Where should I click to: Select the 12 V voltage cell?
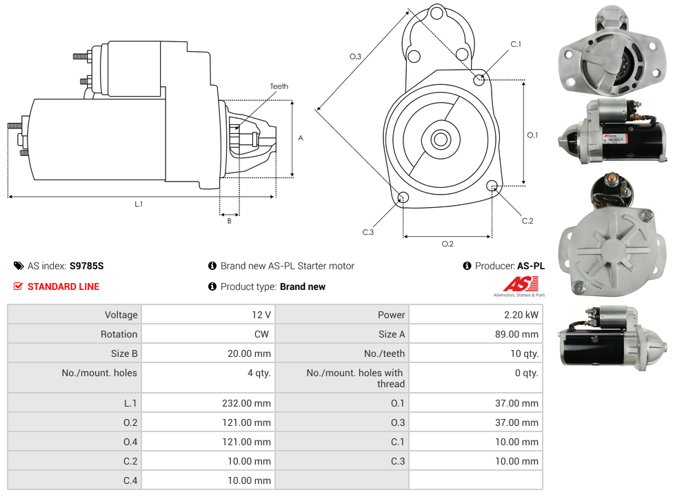261,315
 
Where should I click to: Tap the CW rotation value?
263,334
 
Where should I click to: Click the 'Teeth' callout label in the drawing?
279,86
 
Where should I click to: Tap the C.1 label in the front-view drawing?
516,44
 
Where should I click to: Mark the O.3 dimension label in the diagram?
356,57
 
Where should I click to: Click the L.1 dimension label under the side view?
139,204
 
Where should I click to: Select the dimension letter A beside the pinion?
301,138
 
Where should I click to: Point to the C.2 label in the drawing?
528,221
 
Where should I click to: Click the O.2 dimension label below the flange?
448,243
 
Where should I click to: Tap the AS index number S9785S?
86,266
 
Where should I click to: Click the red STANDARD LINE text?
63,286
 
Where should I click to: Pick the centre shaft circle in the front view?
440,139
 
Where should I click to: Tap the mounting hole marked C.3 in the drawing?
404,199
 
